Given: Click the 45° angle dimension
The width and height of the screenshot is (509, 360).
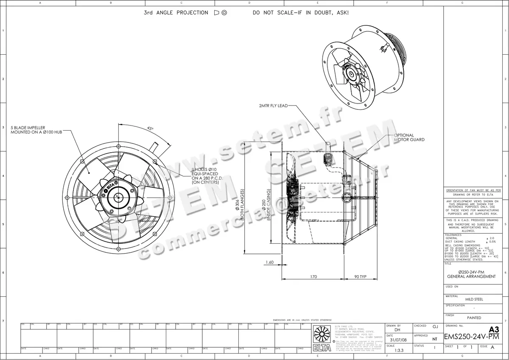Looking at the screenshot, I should click(x=150, y=128).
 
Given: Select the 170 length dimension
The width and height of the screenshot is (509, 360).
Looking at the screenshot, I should click(x=313, y=277).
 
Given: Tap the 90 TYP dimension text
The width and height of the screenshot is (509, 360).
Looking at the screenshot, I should click(x=361, y=277).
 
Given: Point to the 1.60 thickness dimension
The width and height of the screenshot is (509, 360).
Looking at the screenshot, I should click(x=269, y=262).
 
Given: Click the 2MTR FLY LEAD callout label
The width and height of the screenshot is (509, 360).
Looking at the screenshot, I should click(x=273, y=105).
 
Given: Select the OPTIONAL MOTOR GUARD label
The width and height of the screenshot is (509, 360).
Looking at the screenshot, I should click(x=409, y=137).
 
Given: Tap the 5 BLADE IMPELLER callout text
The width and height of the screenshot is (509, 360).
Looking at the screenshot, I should click(x=36, y=130).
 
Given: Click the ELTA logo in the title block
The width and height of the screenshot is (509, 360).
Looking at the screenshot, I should click(x=322, y=338).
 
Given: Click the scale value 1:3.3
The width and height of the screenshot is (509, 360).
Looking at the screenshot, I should click(x=399, y=351).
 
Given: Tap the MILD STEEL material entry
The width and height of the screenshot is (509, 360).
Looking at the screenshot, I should click(x=474, y=299).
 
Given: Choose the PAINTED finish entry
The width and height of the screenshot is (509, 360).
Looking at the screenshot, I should click(x=474, y=318).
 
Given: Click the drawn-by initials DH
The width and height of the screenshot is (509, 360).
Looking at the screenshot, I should click(x=397, y=329).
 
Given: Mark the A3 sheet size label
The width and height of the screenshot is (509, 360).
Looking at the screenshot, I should click(x=494, y=329).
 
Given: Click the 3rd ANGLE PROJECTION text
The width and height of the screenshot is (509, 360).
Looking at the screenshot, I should click(x=176, y=13).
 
